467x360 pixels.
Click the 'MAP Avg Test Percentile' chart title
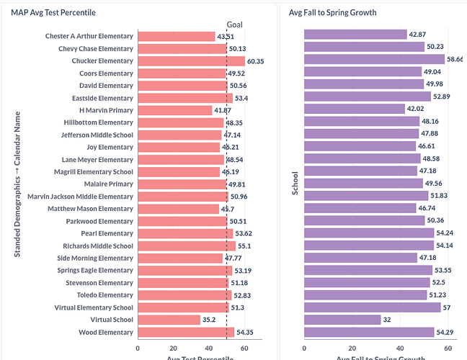coord(53,12)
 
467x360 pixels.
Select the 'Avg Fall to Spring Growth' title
coord(332,12)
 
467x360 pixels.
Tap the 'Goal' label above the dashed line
coord(235,24)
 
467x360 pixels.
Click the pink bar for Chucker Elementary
coord(191,61)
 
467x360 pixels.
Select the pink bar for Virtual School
coord(169,320)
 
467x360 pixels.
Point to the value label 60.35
coord(256,61)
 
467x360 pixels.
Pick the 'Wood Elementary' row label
coord(106,332)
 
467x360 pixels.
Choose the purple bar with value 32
coord(342,320)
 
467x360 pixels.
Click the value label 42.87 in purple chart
coord(419,35)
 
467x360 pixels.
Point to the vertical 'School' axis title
coord(295,184)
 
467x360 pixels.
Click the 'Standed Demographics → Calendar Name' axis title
coord(17,184)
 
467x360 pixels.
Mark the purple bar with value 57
coord(372,307)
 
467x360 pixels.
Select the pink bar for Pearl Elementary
coord(185,233)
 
